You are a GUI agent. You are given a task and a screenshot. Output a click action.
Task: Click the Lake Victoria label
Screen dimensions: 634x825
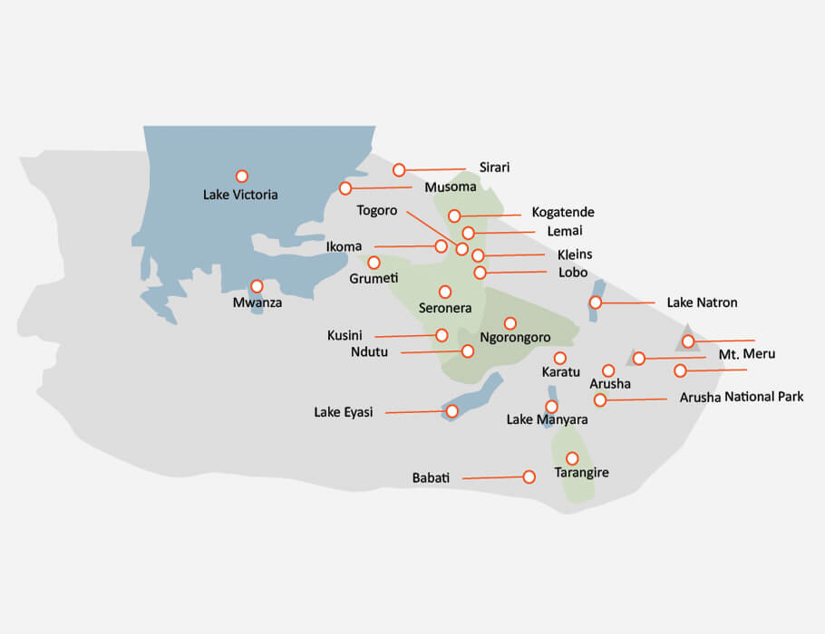[240, 195]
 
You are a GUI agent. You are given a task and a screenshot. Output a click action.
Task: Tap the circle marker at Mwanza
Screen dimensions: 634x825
[257, 286]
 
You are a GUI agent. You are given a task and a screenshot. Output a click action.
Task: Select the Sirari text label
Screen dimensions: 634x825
[494, 168]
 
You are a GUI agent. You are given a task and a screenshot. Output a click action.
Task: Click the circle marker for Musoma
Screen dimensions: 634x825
[345, 188]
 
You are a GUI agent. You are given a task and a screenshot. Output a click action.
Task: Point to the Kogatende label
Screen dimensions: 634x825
[563, 213]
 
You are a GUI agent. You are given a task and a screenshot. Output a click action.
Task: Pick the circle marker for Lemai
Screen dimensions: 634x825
[468, 234]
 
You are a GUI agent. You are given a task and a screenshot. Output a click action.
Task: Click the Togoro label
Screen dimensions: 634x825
[377, 211]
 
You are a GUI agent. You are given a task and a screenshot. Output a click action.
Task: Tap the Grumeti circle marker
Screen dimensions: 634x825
[374, 263]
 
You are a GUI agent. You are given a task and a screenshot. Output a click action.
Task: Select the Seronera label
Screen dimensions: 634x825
[444, 309]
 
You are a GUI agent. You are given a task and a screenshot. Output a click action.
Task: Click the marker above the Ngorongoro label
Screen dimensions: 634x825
[510, 323]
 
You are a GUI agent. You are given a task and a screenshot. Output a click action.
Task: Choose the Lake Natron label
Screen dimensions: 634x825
[702, 303]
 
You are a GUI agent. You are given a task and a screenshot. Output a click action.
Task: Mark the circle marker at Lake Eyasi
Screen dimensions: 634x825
[451, 411]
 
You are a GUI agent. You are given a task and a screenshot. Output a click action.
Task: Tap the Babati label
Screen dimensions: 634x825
[431, 477]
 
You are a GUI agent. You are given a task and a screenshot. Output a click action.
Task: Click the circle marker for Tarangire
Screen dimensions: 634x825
[572, 458]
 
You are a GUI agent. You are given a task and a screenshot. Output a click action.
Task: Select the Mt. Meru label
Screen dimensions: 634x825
[747, 354]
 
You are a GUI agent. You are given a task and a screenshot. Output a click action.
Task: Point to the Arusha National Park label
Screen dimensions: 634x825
[741, 397]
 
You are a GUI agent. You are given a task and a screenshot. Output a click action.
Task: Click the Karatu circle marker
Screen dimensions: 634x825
[560, 358]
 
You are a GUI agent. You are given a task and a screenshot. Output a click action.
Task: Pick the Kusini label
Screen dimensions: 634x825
[345, 336]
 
